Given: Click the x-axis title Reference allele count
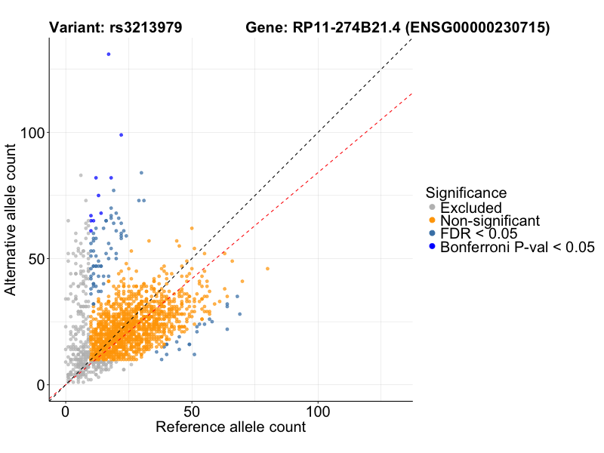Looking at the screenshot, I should coord(230,427).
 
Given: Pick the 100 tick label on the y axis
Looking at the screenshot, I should coord(31,132).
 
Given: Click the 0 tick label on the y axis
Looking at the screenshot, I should coord(40,384).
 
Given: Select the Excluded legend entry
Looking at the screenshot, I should coord(470,208).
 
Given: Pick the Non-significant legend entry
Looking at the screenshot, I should coord(490,220).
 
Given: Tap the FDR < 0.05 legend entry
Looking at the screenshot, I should coord(477,233).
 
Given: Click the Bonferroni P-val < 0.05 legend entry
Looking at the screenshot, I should coord(518,247).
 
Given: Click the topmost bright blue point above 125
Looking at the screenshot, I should coord(109,54).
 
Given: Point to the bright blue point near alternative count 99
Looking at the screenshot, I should coord(121,135).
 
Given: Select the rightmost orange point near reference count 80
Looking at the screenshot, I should coord(267,269).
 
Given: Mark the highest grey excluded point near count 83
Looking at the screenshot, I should coord(81,175).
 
